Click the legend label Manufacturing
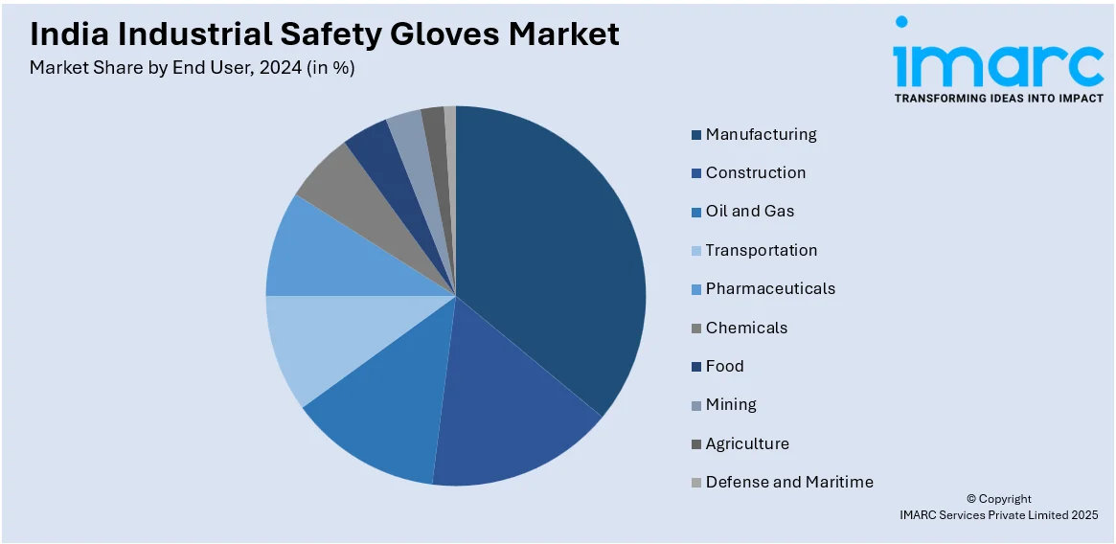(x=761, y=134)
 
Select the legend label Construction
(x=755, y=172)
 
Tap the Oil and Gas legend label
(x=749, y=211)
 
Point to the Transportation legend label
(x=761, y=250)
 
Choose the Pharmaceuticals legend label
(x=770, y=288)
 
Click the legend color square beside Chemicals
(x=696, y=329)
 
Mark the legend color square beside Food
(x=696, y=367)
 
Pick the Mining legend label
(x=731, y=404)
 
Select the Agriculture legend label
(x=747, y=443)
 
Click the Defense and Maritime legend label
(x=789, y=482)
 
